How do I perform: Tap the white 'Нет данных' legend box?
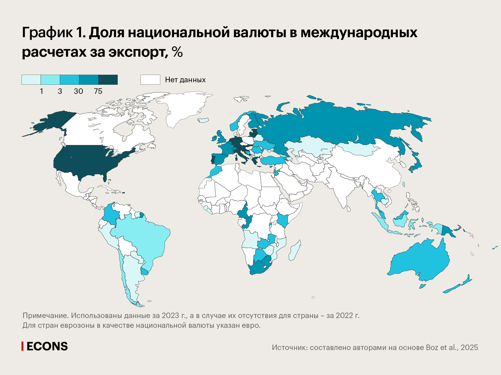click(150, 80)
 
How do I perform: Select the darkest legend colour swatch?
click(108, 80)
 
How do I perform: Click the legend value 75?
click(98, 91)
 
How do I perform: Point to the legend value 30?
click(78, 91)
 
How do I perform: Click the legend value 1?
click(42, 91)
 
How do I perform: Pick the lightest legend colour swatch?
click(31, 80)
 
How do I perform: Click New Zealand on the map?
click(458, 285)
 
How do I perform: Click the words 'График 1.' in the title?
click(54, 33)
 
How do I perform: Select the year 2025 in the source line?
click(469, 348)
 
